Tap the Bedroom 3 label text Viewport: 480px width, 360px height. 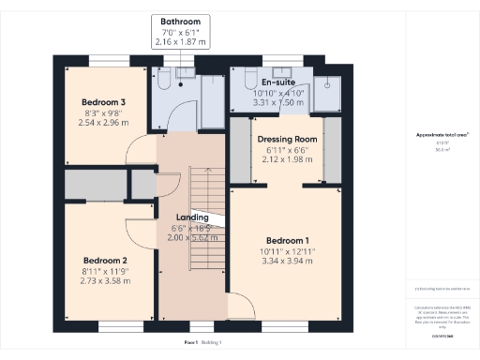point(103,101)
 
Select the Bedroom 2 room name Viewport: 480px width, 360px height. point(104,260)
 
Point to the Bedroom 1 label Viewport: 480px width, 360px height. point(291,239)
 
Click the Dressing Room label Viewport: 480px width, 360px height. point(287,140)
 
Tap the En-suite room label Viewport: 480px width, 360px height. point(278,82)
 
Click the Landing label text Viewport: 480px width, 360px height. point(191,217)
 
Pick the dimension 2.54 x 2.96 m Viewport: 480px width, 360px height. point(103,122)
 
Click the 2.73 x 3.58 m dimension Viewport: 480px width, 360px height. point(104,281)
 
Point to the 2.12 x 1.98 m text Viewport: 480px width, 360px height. point(287,159)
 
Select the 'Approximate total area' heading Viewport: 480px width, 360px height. point(441,135)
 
